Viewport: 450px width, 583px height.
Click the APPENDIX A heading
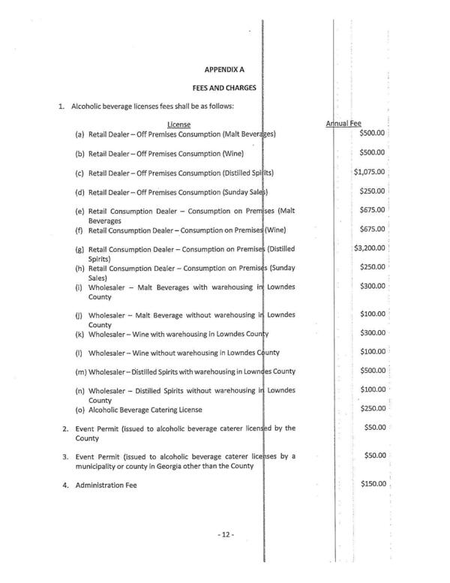click(225, 69)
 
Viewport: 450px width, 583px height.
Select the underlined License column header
click(178, 124)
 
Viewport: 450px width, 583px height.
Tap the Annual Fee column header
click(343, 123)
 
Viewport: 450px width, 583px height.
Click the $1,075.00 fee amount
click(370, 172)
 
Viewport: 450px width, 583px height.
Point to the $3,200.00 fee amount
click(370, 248)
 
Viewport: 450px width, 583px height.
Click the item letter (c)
click(79, 173)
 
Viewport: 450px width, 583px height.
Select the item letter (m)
click(79, 371)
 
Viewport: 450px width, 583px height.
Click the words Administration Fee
click(106, 485)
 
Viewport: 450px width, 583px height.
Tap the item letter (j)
click(79, 315)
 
